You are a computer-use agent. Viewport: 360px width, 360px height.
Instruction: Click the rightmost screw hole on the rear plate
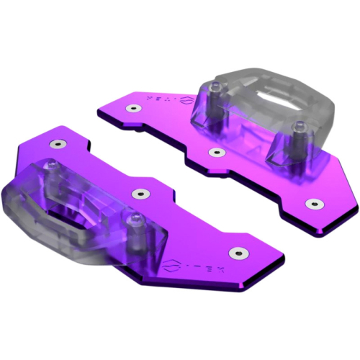point(311,204)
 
